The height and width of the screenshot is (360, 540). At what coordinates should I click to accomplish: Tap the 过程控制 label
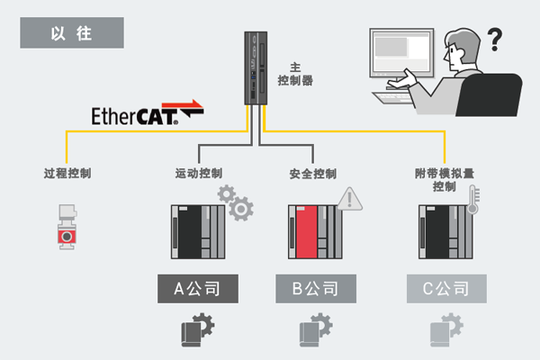coord(67,172)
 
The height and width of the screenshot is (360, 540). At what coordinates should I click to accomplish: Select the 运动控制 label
coord(198,172)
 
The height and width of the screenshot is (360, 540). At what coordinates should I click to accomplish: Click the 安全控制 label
coord(313,173)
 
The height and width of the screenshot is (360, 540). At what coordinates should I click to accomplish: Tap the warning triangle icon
coord(346,199)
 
